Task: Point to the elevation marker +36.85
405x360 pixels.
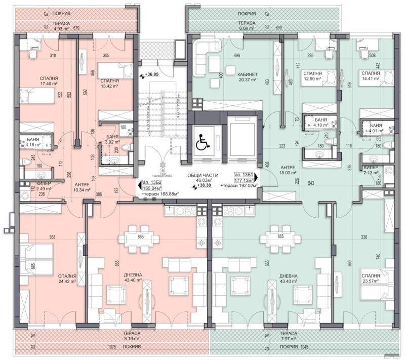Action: pos(150,75)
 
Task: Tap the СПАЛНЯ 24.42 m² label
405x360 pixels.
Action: pos(67,279)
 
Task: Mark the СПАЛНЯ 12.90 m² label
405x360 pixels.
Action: pos(313,76)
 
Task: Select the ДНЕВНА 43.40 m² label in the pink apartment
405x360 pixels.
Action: pos(133,278)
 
